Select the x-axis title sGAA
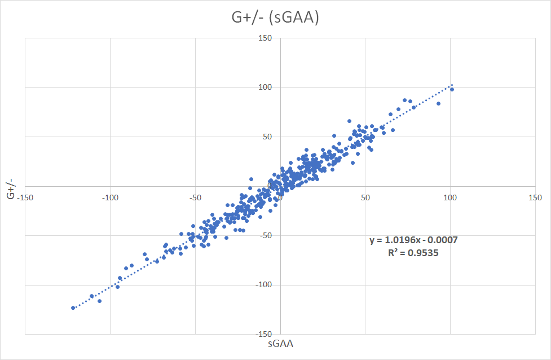(280, 343)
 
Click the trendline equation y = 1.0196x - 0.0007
(413, 240)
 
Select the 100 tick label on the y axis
(266, 87)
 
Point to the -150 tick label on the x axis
(25, 197)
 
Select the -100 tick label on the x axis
(110, 197)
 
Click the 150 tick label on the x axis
(535, 197)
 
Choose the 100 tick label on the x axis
(450, 197)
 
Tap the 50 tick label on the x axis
(365, 197)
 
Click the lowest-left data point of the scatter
(73, 308)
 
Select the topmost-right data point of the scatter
(452, 89)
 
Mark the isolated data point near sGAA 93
(438, 103)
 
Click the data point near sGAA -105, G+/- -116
(100, 301)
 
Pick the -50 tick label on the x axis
(195, 197)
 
